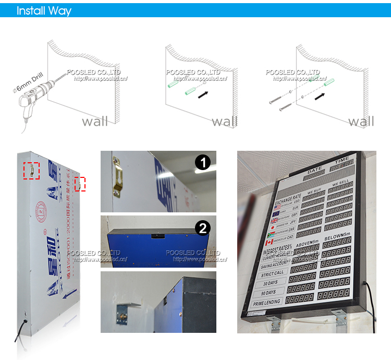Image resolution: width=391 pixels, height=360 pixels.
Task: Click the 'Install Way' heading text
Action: click(x=44, y=10)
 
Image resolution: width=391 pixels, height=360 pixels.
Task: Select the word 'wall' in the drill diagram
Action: click(x=95, y=122)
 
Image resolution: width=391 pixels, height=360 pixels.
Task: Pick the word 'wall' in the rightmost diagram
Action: click(x=361, y=122)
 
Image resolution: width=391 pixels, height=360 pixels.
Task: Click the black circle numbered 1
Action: click(x=203, y=163)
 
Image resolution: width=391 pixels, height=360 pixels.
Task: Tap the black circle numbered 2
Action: click(x=203, y=228)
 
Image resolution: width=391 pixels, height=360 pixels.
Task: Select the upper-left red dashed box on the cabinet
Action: click(x=31, y=170)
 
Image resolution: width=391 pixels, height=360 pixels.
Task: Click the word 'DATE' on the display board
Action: click(x=315, y=170)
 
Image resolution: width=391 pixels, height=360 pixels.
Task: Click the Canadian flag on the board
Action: click(x=269, y=242)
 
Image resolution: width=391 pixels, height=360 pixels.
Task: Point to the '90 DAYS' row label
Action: click(x=269, y=292)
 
